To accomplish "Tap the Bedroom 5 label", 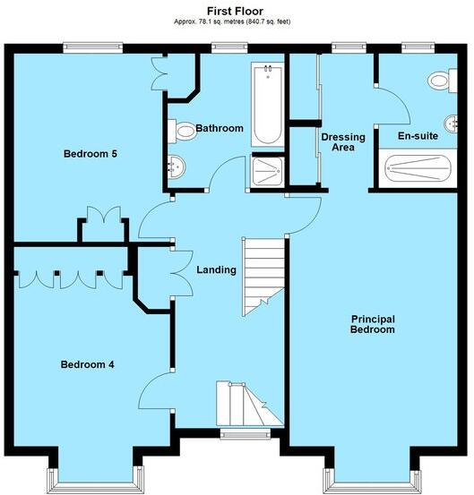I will click(90, 154).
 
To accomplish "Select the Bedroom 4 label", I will click(87, 364).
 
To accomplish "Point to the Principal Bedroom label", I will click(373, 324).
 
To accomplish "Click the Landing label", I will click(216, 270).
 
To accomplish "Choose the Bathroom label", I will click(220, 129).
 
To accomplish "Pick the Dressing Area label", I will click(343, 142).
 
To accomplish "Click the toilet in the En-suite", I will click(439, 81).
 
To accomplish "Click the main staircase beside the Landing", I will click(263, 269).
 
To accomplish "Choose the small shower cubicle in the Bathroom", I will click(266, 172).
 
